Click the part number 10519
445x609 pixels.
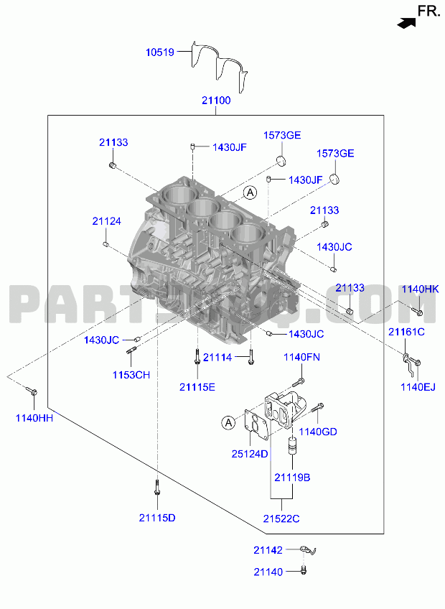pos(160,52)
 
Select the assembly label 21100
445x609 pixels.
pos(216,101)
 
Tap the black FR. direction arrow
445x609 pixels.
pos(406,23)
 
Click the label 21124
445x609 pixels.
pos(106,221)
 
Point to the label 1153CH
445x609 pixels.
pos(131,375)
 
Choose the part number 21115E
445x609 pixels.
pos(197,387)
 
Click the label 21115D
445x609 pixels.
pos(157,518)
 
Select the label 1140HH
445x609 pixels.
pos(34,418)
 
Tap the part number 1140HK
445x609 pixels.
pos(420,289)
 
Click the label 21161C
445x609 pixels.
pos(406,332)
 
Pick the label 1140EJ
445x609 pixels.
pos(418,387)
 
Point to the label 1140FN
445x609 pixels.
pos(301,358)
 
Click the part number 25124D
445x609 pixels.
pos(250,454)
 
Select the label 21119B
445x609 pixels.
pos(292,478)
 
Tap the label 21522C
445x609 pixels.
pos(281,519)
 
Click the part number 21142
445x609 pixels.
pos(268,550)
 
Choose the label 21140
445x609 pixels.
pos(268,572)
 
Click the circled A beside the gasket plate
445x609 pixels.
pos(229,422)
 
